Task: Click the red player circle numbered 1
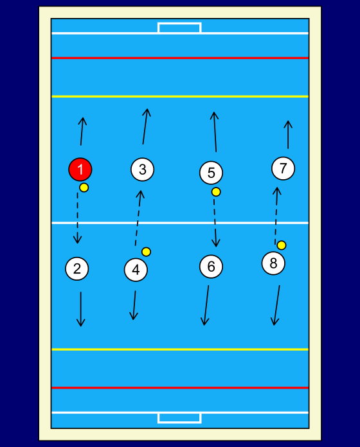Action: [80, 170]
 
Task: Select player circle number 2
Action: [77, 269]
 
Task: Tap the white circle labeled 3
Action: [142, 170]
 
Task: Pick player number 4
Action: [136, 270]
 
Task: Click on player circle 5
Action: [211, 173]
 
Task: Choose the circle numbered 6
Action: [211, 267]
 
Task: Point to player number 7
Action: [283, 168]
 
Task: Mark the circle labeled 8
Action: [273, 263]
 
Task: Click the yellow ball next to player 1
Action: [84, 188]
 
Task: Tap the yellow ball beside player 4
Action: [147, 252]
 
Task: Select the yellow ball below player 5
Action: [216, 192]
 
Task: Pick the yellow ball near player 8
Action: [282, 245]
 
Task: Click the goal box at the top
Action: [179, 28]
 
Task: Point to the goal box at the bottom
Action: [179, 418]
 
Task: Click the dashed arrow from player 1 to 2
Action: [77, 218]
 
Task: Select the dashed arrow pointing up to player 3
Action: [138, 218]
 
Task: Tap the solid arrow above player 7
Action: [288, 135]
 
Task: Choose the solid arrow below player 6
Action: [206, 305]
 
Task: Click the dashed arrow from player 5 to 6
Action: [215, 223]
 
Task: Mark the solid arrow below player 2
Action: [81, 309]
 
